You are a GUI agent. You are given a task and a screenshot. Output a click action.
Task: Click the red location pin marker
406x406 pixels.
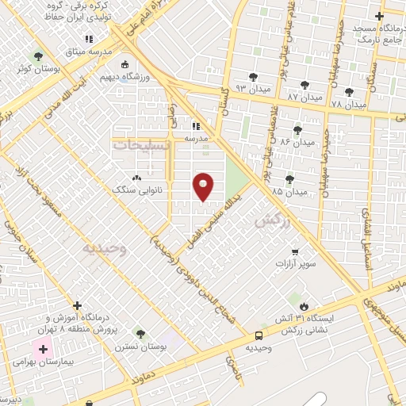tap(204, 186)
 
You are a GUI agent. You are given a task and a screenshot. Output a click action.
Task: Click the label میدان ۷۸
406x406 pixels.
tap(348, 104)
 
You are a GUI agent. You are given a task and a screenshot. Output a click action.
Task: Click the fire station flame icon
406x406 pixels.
tap(304, 305)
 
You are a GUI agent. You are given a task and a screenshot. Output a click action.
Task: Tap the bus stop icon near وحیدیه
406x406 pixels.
tap(259, 335)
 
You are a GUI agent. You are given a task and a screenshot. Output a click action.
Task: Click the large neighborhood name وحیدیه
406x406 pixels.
tap(105, 248)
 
